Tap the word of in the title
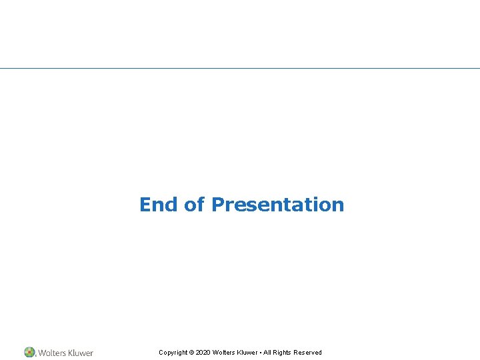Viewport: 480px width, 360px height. (x=194, y=205)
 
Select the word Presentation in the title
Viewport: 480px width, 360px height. (x=277, y=205)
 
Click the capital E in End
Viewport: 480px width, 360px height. (x=145, y=205)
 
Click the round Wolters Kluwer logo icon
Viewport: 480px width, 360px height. (x=29, y=352)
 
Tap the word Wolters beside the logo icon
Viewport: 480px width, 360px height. (x=52, y=353)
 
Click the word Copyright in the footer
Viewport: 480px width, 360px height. (x=173, y=353)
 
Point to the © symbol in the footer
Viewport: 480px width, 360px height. (x=191, y=353)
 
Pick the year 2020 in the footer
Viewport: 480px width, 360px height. (x=203, y=353)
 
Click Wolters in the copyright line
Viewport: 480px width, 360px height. (x=223, y=353)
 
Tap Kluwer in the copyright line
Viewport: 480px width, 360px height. (x=247, y=353)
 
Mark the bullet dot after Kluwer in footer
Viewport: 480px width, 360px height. (x=261, y=353)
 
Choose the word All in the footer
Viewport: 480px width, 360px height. (x=267, y=353)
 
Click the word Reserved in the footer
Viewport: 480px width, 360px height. (x=308, y=353)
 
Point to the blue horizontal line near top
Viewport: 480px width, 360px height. (x=240, y=68)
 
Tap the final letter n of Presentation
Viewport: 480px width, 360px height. (x=339, y=205)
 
